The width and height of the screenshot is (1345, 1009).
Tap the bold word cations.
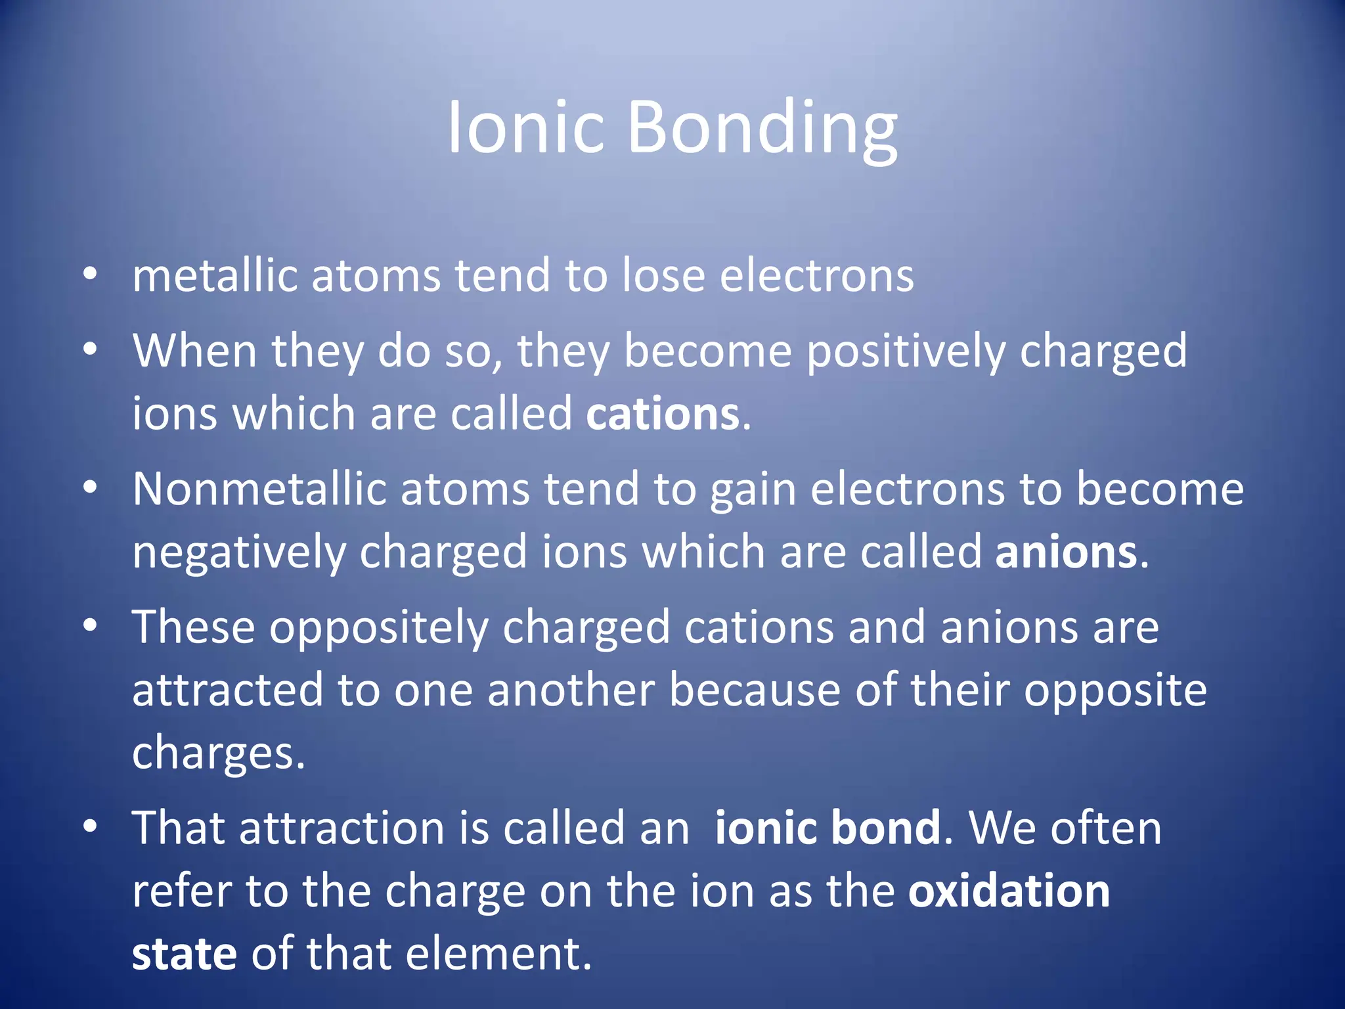663,414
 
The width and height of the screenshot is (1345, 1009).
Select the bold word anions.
1066,552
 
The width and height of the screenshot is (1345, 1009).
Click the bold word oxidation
1008,891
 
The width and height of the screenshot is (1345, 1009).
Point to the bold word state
184,954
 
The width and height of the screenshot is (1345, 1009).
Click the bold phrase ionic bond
827,828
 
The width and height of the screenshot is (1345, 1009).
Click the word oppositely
379,628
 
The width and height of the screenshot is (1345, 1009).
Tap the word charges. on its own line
218,753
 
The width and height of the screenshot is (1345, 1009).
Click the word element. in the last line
498,954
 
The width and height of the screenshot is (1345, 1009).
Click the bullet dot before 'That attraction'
91,826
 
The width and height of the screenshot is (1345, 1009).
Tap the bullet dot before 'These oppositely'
91,625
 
